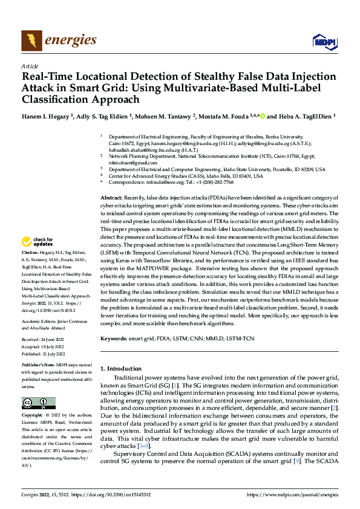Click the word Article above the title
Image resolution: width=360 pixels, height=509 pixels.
[29, 66]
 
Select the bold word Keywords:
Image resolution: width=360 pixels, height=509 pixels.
[114, 339]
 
